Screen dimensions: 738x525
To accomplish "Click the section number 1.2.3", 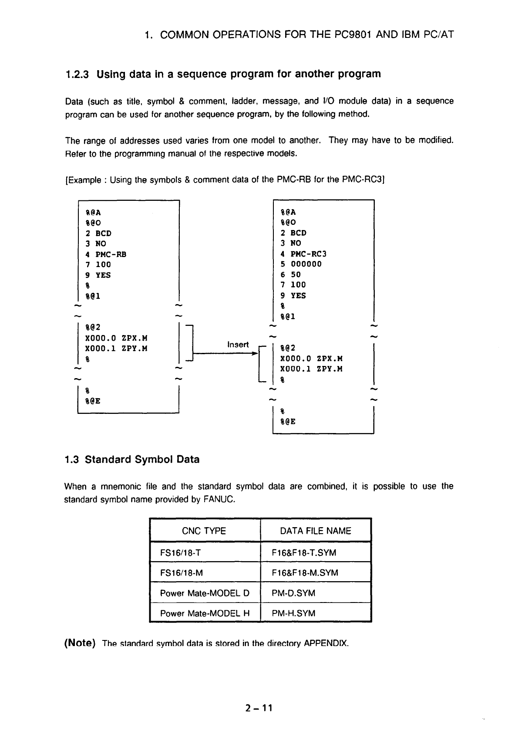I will click(77, 74).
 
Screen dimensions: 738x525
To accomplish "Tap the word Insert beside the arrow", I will click(238, 345).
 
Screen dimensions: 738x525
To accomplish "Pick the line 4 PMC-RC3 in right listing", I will click(303, 254).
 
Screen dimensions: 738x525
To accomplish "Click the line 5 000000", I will click(301, 264).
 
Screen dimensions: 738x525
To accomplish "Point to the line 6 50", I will click(290, 274).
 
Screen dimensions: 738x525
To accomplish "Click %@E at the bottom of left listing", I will click(93, 401).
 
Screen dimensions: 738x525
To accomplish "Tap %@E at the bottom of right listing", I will click(288, 422).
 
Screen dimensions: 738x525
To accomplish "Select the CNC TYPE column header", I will click(204, 531).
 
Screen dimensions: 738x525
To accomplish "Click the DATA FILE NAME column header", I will click(315, 531).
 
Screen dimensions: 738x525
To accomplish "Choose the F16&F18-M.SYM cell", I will click(305, 573).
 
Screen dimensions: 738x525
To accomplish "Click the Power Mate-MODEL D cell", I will click(205, 593).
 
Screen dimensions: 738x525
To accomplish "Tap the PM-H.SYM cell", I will click(293, 614).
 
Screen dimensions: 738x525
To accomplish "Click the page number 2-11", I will click(258, 708).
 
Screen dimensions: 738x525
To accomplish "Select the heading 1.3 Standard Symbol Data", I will click(131, 460).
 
